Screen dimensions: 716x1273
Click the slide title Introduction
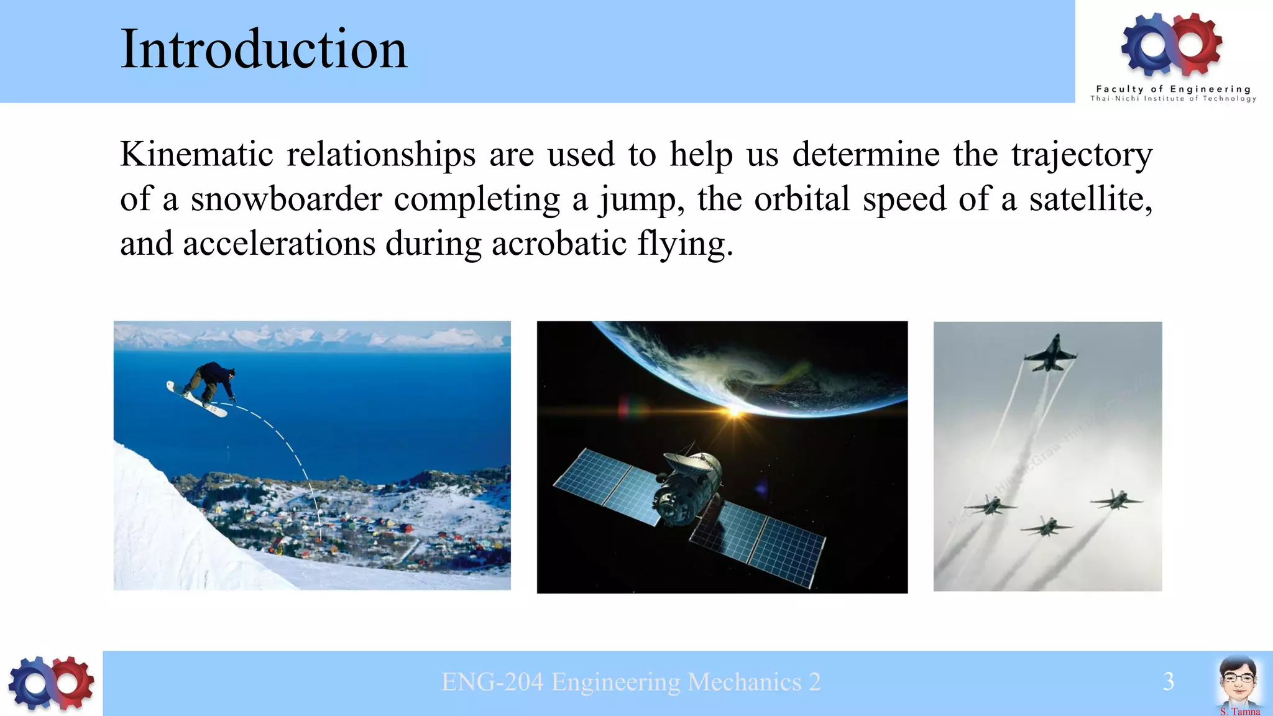pos(264,50)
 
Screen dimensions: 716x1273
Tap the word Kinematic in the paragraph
pos(196,154)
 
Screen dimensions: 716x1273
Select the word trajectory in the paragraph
pos(1082,154)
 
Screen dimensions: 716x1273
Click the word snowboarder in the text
pos(286,200)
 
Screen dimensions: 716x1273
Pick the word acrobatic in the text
pos(558,244)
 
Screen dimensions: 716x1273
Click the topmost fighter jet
pos(1050,355)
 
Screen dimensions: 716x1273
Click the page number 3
pos(1168,682)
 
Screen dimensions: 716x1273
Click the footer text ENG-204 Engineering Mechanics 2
pos(630,682)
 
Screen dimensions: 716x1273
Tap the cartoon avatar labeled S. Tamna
pos(1238,681)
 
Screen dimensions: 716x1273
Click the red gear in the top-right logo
pos(1196,44)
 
